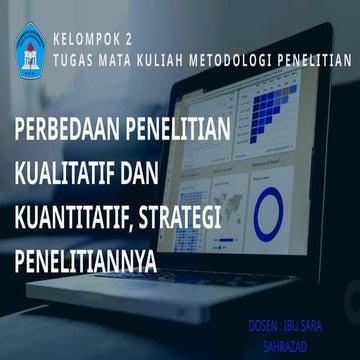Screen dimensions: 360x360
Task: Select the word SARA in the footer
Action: (330, 326)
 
